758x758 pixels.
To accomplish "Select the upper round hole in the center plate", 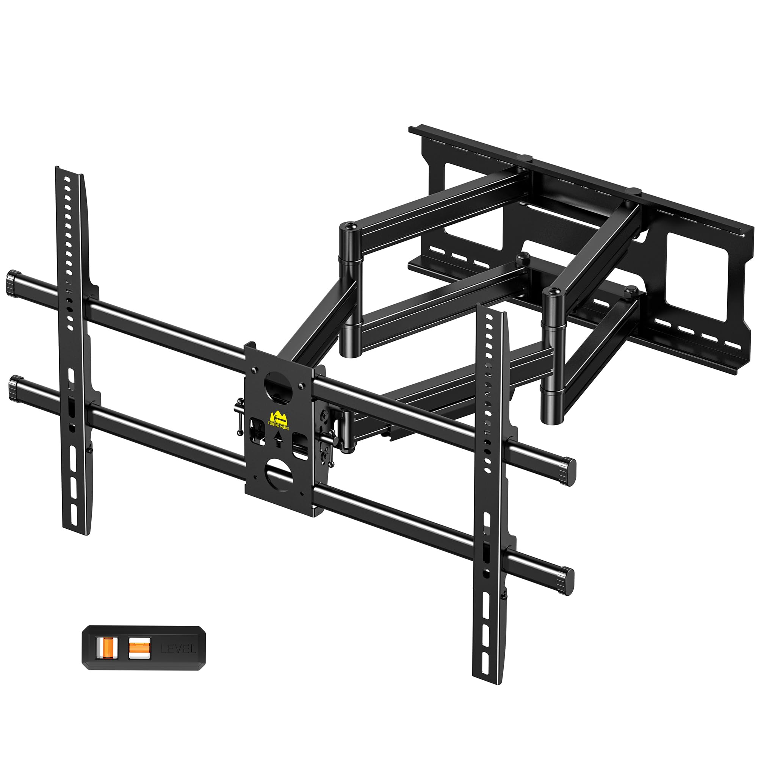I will click(x=279, y=384).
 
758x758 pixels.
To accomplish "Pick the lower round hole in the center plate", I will click(x=279, y=473).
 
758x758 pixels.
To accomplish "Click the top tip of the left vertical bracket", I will click(x=59, y=169).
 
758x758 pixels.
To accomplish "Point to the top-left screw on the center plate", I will click(x=255, y=369).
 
